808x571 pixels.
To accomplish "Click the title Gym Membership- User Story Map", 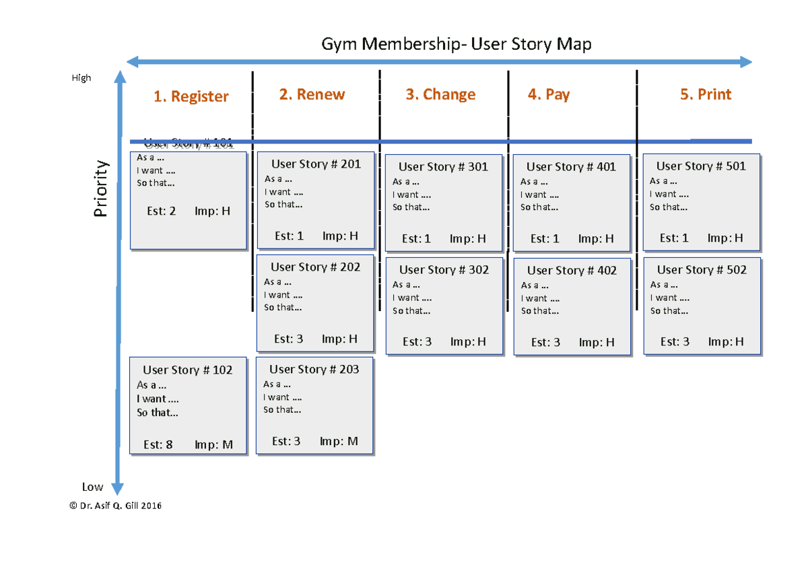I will (x=456, y=45).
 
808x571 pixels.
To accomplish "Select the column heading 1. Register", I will (x=191, y=97).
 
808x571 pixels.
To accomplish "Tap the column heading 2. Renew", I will (x=312, y=95).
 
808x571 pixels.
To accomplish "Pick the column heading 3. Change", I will (x=440, y=95).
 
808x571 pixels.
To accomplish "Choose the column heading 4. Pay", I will (x=549, y=95).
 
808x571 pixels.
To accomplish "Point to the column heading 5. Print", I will (x=706, y=95).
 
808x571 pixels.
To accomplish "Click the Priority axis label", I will (x=101, y=189).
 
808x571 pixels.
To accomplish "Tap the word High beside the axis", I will (x=81, y=78).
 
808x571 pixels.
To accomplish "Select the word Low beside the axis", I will (x=92, y=487).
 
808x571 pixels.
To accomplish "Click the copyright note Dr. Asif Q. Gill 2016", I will (x=116, y=506).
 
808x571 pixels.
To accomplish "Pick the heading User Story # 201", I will (x=316, y=164).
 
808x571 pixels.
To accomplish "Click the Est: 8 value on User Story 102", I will (x=158, y=445).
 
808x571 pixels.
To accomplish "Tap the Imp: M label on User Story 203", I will (x=339, y=442).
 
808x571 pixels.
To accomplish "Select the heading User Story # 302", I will (x=444, y=270).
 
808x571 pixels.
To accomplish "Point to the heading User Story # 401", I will (x=571, y=167).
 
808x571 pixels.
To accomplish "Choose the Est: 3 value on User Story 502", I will (x=675, y=342).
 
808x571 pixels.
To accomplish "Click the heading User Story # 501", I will (x=701, y=166).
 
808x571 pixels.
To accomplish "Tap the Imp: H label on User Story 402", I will (x=597, y=343).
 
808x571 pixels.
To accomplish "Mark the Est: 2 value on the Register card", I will (x=161, y=211).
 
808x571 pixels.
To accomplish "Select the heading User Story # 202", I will (x=315, y=267).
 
